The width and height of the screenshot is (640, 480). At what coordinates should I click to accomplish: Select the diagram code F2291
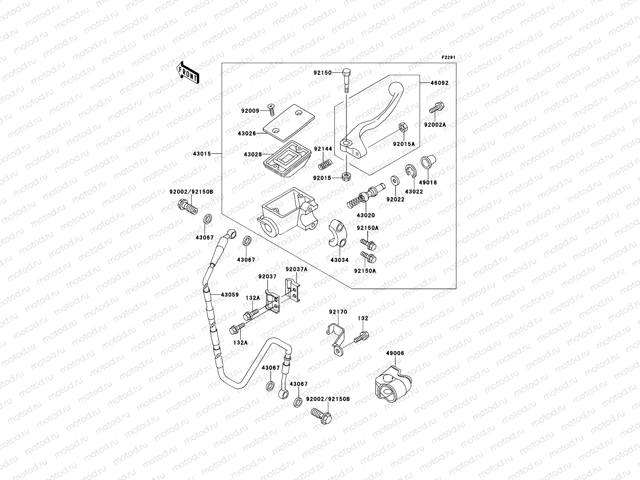[x=448, y=58]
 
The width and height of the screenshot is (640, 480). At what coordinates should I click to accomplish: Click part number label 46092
[x=439, y=83]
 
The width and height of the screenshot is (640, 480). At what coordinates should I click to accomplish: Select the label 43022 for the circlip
[x=414, y=192]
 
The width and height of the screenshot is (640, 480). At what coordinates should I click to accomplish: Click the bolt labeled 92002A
[x=437, y=97]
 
